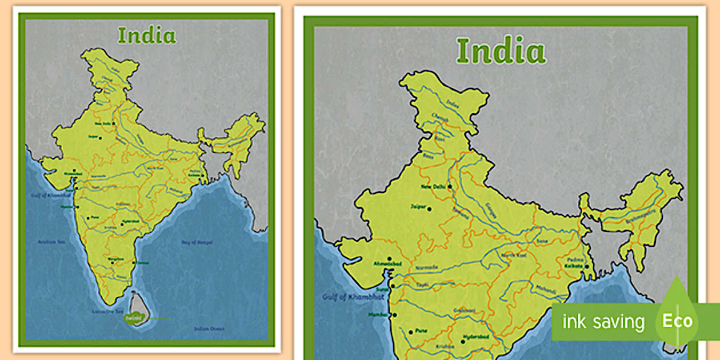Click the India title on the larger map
501,51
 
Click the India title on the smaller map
147,35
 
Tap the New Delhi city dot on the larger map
450,186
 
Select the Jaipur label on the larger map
418,207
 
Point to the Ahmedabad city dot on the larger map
389,259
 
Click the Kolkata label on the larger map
574,266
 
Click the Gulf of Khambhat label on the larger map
343,297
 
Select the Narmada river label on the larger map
427,267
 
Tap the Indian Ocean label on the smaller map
209,329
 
